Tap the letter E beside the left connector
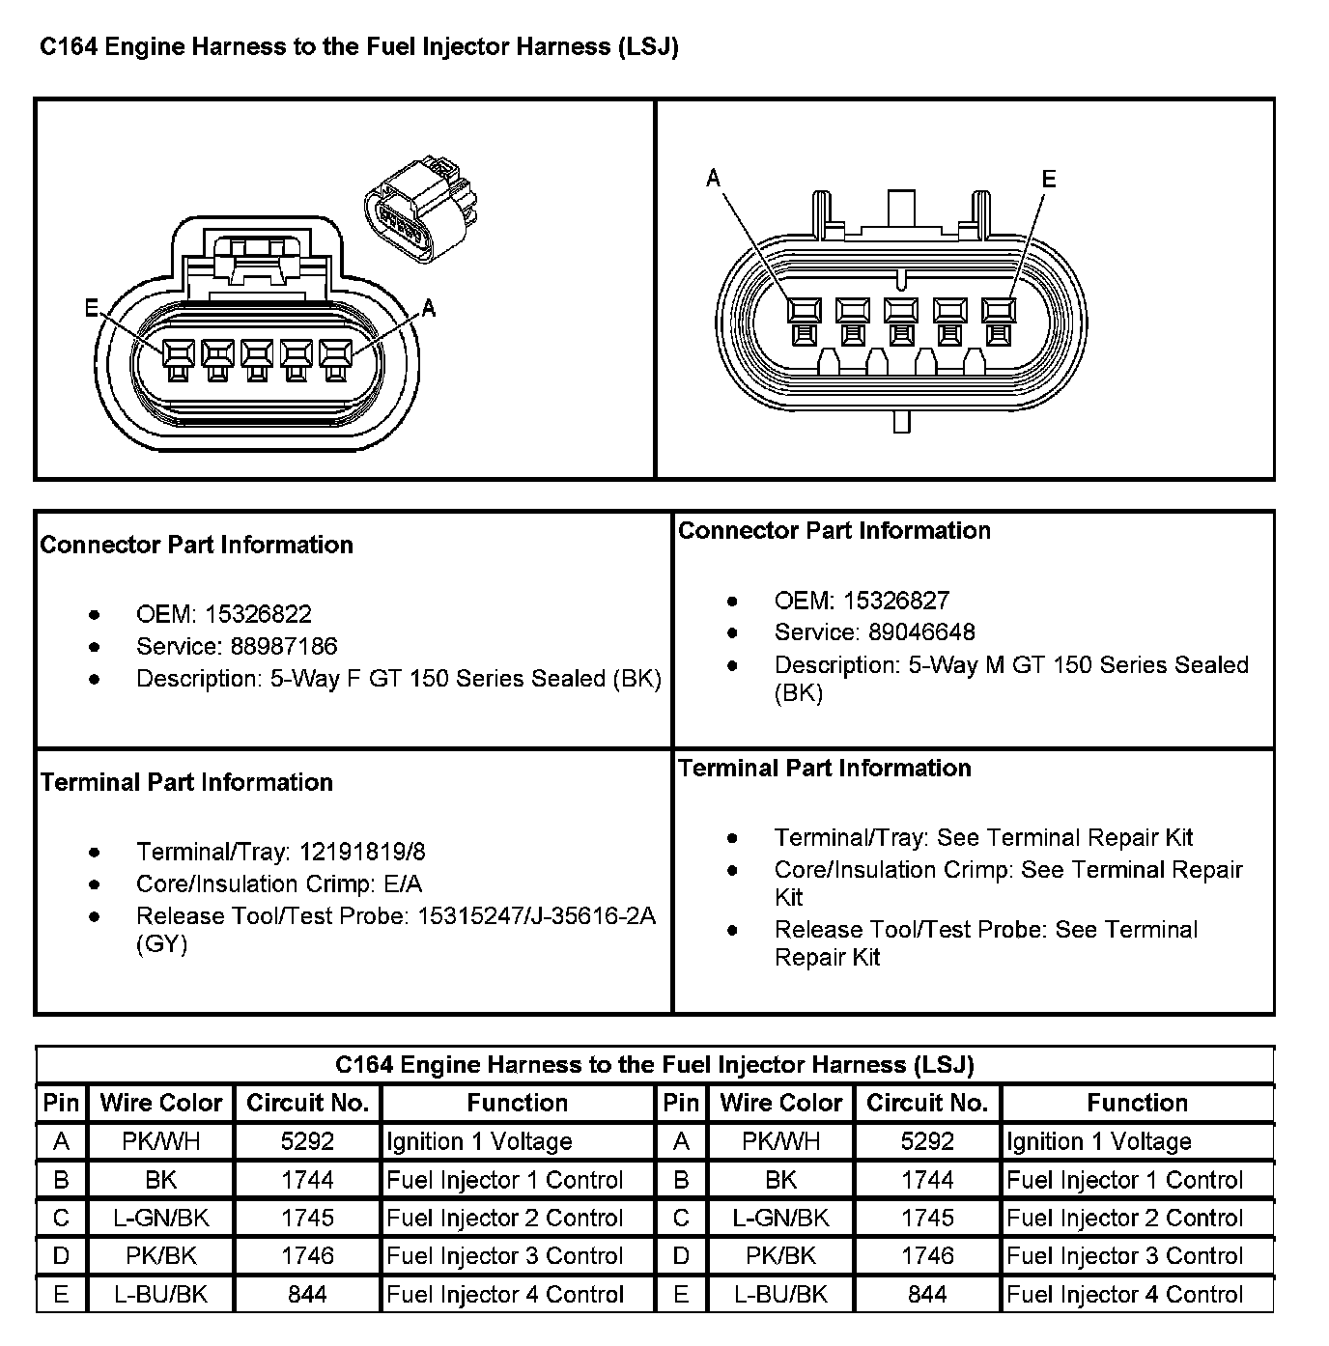pos(92,308)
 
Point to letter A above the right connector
pos(714,178)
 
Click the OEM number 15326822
pos(258,614)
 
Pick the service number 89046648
pos(921,632)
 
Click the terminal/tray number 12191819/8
pos(362,852)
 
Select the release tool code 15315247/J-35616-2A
pos(536,915)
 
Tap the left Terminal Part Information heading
pos(186,782)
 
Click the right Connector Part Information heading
pos(834,530)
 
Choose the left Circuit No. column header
pos(307,1103)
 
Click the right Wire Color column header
pos(780,1103)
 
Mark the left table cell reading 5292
pos(307,1141)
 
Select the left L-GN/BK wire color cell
pos(160,1218)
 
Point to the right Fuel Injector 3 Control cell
pos(1124,1256)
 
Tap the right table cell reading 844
pos(927,1294)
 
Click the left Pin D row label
pos(61,1256)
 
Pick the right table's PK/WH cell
pos(780,1141)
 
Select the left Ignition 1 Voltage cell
pos(479,1141)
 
